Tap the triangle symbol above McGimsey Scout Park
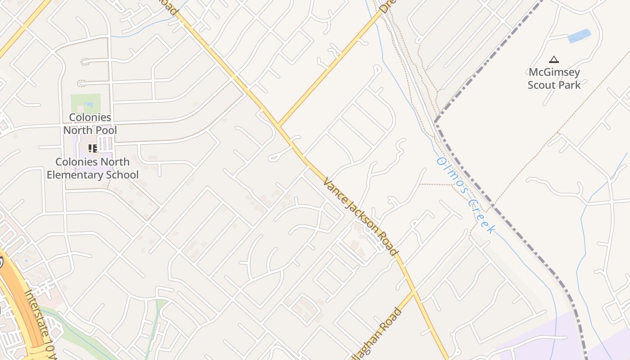(x=554, y=59)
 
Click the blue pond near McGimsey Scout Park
(x=579, y=36)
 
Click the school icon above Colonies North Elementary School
(x=93, y=148)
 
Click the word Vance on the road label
(x=333, y=188)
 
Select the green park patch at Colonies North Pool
(x=85, y=103)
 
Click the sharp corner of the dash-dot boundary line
(x=435, y=121)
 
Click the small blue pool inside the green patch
(x=88, y=105)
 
